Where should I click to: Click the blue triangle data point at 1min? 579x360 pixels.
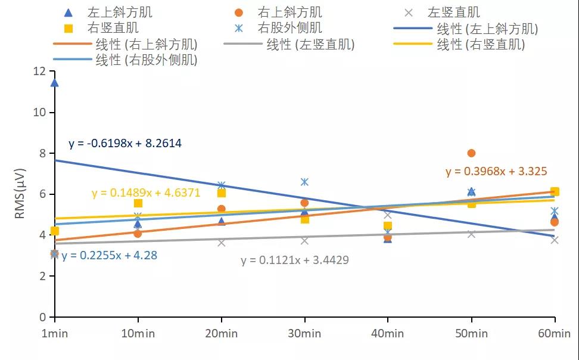coord(55,82)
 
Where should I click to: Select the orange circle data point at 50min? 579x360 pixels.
coord(471,153)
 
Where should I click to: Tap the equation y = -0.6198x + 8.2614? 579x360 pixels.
coord(125,144)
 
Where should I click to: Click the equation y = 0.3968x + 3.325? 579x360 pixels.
coord(496,172)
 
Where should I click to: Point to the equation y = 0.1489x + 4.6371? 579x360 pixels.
coord(146,193)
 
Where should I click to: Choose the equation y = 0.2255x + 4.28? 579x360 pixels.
coord(109,255)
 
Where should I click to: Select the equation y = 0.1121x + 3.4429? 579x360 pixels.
coord(295,260)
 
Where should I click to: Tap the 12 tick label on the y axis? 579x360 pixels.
coord(39,72)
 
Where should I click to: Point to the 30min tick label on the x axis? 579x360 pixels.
coord(304,333)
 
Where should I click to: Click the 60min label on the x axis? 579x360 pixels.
coord(555,333)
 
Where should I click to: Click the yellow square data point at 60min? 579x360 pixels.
coord(555,191)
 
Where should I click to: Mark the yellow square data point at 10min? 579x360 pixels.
coord(138,203)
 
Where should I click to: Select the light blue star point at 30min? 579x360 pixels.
coord(304,182)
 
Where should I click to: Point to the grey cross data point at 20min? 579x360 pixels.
coord(222,243)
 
